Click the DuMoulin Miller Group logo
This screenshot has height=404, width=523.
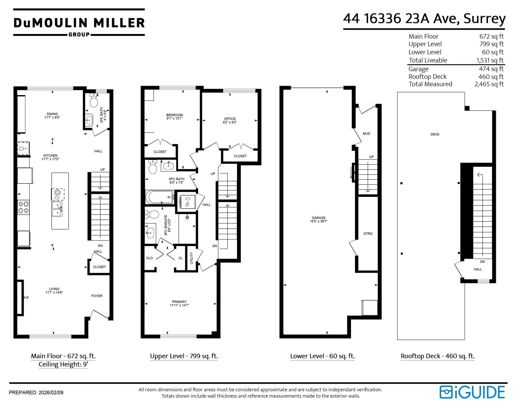tap(79, 23)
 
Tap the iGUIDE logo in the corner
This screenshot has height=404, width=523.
tap(472, 392)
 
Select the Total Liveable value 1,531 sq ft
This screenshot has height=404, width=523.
tap(490, 60)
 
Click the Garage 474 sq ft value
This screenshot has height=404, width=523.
tap(491, 69)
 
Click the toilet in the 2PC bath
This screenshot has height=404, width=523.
tap(93, 100)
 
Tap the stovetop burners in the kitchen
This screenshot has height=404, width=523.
tap(24, 207)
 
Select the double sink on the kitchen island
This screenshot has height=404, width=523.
tap(57, 209)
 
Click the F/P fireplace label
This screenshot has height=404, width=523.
tap(26, 298)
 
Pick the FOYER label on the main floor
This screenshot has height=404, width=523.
tap(97, 296)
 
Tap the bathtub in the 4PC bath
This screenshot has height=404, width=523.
tap(160, 197)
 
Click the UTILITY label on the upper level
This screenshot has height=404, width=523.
tap(192, 258)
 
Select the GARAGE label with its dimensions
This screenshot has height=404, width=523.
tap(319, 219)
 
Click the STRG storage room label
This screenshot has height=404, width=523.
tap(368, 234)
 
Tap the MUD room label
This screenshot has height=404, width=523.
tap(366, 134)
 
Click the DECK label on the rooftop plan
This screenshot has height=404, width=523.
tap(435, 134)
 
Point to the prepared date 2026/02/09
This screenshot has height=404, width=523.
tap(51, 393)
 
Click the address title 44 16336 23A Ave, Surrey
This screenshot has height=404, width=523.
tap(424, 19)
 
